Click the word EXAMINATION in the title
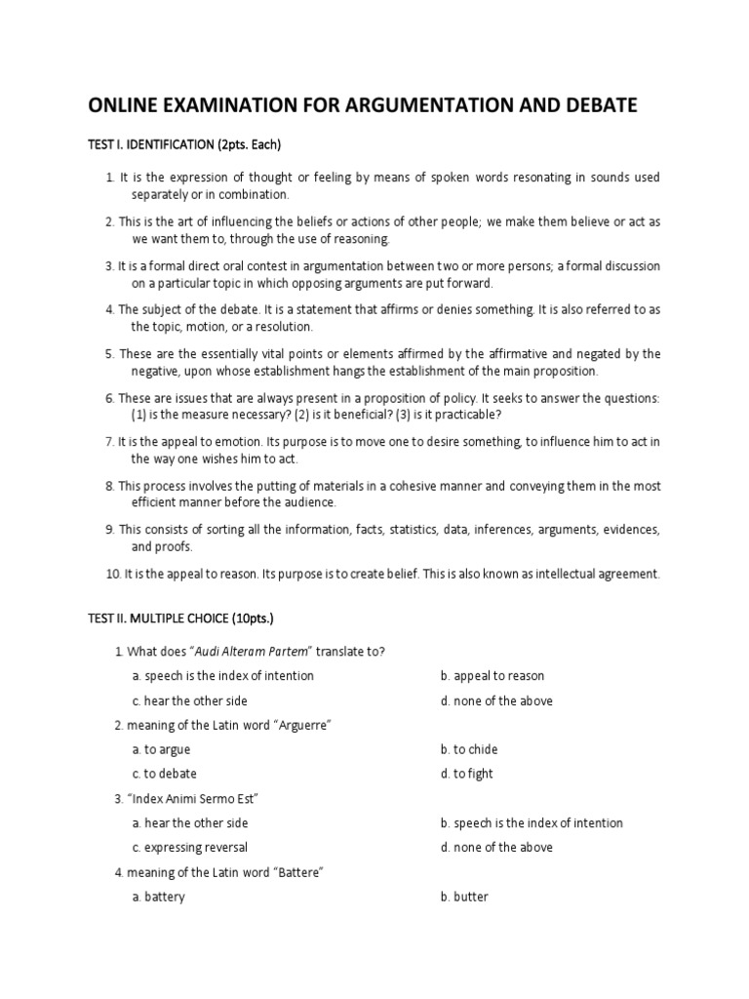249,105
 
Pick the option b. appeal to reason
492,676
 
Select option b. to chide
469,749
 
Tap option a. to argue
161,749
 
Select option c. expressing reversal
189,847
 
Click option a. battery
158,897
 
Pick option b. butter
464,897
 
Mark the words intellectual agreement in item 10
597,575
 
